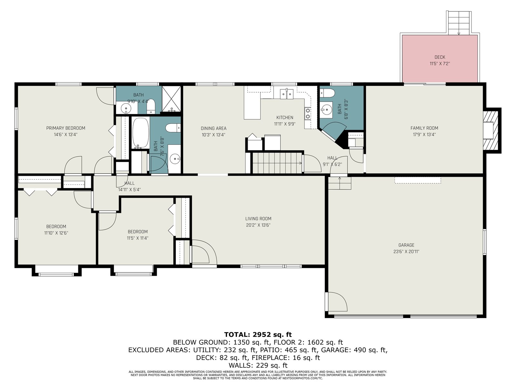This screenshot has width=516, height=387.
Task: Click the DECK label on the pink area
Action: click(x=440, y=57)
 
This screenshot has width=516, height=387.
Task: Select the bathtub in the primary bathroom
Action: click(x=141, y=133)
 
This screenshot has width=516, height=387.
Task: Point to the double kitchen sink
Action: click(x=287, y=94)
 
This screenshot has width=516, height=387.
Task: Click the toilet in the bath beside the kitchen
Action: click(x=327, y=93)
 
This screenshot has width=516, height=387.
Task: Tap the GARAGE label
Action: click(x=406, y=245)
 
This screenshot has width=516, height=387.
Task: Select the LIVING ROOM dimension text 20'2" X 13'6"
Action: click(x=258, y=225)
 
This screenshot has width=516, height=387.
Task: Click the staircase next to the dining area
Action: click(x=277, y=163)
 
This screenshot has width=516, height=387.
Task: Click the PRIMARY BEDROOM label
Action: click(x=65, y=128)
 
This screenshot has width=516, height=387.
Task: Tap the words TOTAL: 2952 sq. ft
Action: click(x=258, y=334)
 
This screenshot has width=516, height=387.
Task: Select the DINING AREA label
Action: click(x=213, y=128)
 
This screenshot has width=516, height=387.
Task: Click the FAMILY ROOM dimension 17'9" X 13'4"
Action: click(x=424, y=134)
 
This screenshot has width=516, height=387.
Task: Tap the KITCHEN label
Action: click(x=285, y=117)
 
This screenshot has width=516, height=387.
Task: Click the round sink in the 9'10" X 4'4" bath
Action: click(x=126, y=108)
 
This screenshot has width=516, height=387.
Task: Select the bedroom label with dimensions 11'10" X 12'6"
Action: click(x=56, y=226)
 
